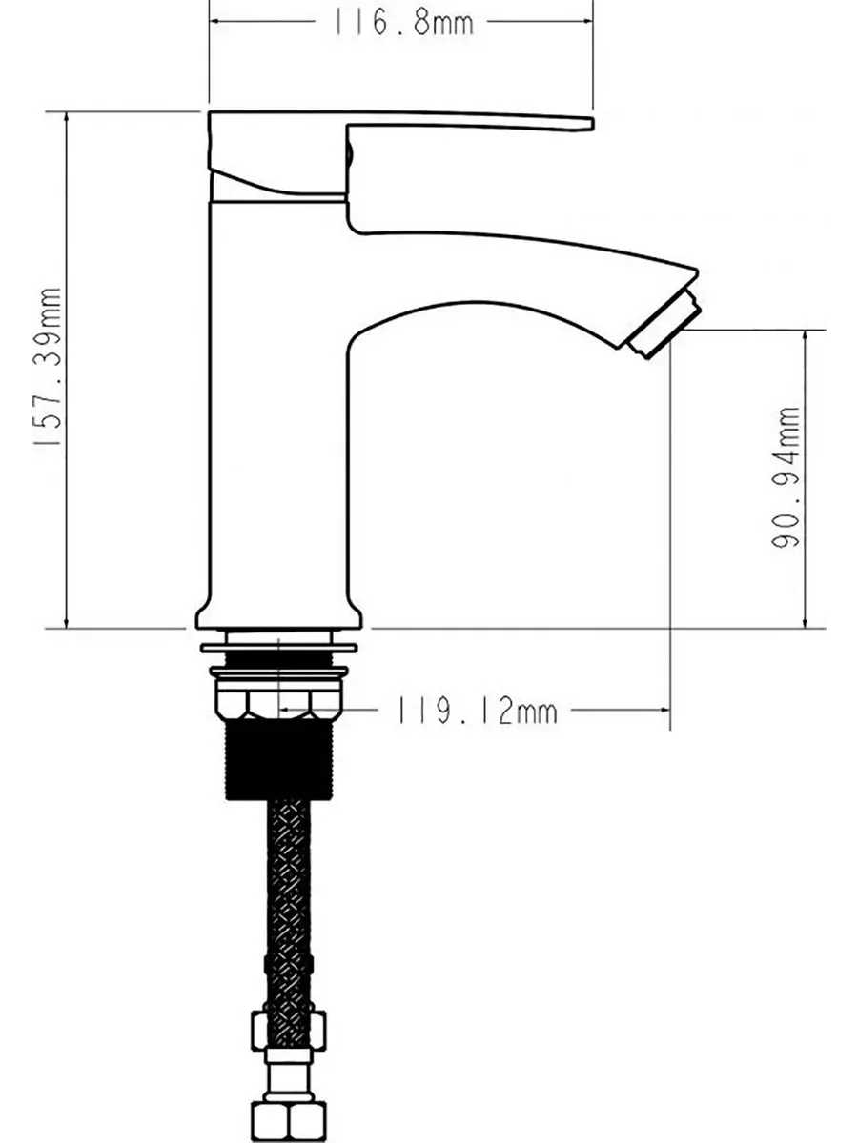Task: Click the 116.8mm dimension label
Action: (x=403, y=24)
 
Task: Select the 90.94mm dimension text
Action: (x=785, y=477)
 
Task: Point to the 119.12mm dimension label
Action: (x=478, y=712)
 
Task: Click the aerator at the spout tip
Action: (x=664, y=326)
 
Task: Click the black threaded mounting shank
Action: (x=278, y=760)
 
